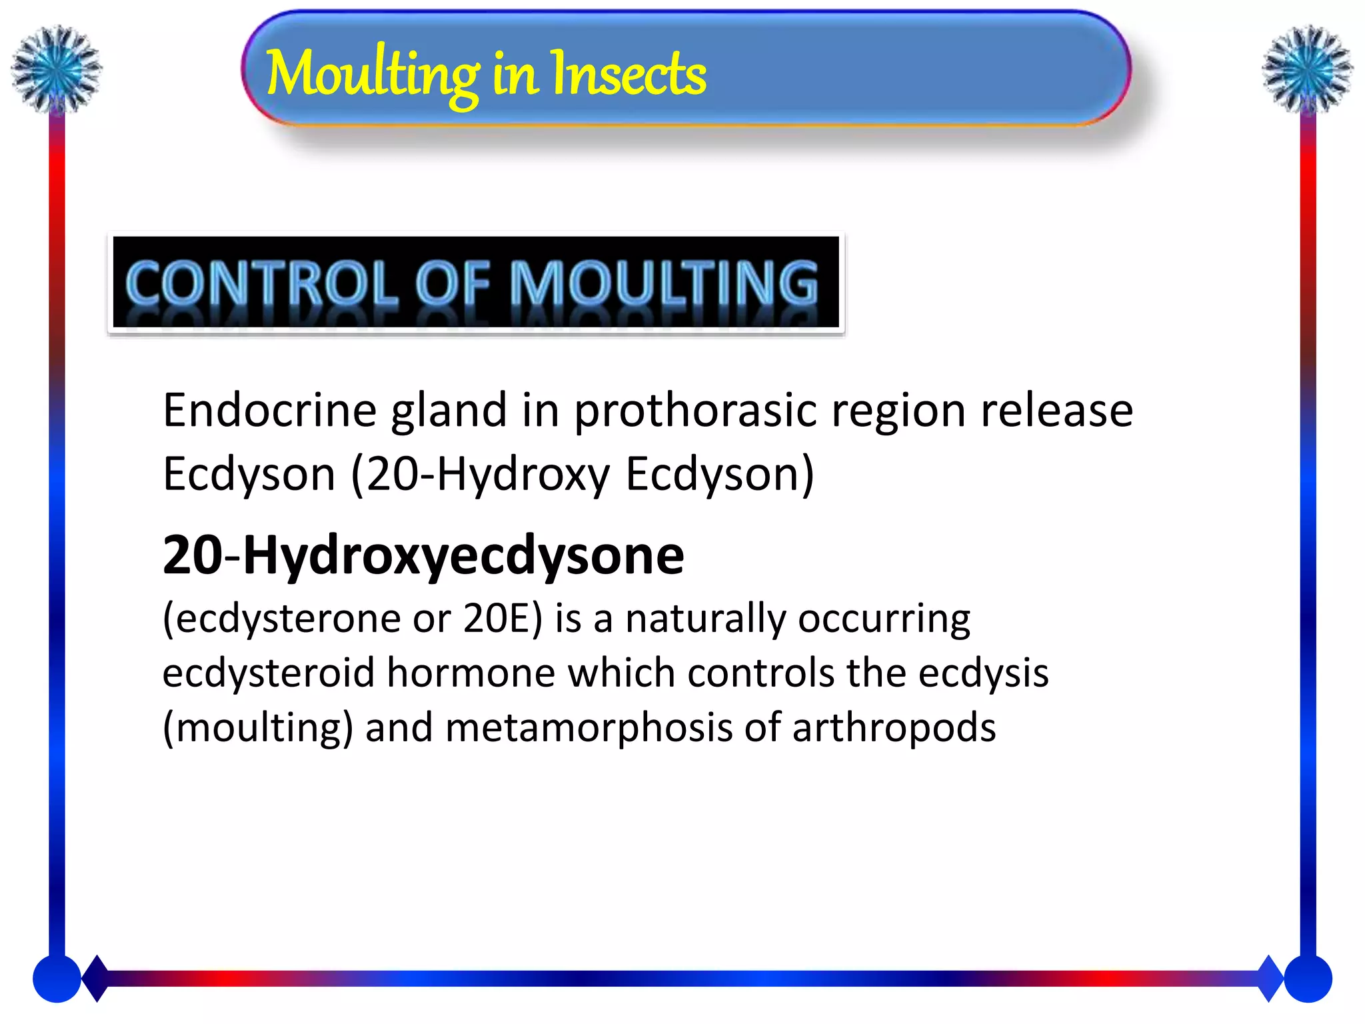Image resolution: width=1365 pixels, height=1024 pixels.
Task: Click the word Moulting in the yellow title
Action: click(x=372, y=75)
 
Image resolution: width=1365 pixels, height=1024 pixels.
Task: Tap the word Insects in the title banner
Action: click(x=628, y=75)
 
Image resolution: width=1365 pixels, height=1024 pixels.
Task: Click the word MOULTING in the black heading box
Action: click(x=664, y=283)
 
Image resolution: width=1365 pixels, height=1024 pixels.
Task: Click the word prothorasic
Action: click(x=695, y=411)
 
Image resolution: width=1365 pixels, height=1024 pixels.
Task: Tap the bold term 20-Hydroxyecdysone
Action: click(x=423, y=555)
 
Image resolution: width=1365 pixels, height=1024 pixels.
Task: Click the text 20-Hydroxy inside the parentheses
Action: click(x=488, y=475)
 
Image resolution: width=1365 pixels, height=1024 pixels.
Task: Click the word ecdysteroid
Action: click(x=269, y=673)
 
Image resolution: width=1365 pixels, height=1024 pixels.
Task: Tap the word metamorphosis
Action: click(x=589, y=727)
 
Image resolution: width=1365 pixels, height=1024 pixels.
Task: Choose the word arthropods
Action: click(x=894, y=729)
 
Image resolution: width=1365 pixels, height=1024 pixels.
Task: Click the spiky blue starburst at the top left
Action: click(x=57, y=68)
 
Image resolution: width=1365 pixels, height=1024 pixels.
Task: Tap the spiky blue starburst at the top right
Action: click(x=1308, y=68)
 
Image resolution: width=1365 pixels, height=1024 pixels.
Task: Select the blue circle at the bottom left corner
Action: click(x=57, y=979)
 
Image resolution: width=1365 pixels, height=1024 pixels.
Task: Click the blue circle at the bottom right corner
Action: click(x=1308, y=979)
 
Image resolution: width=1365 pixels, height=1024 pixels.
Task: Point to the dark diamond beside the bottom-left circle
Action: click(x=97, y=979)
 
